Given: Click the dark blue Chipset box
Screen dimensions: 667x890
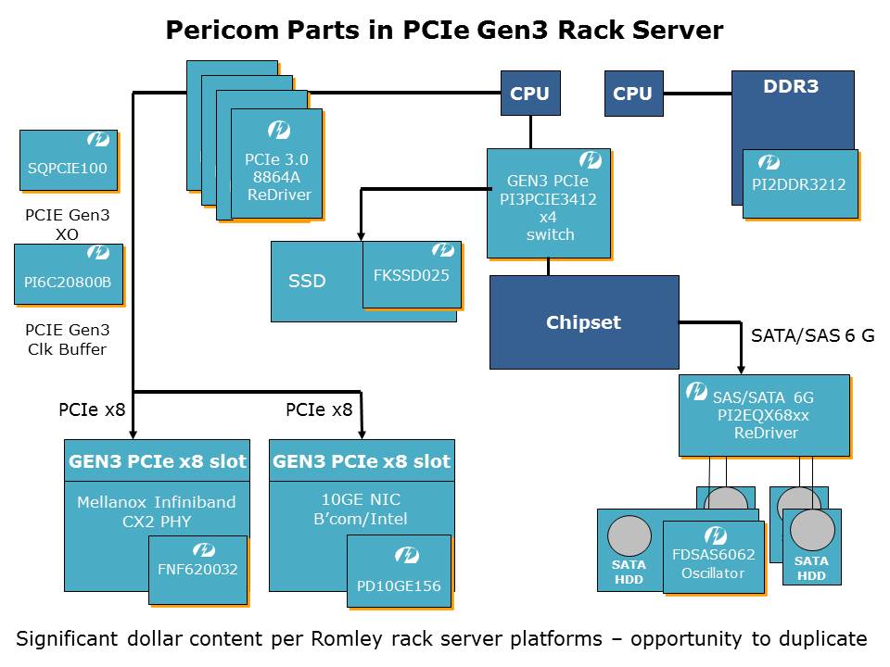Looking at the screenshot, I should [x=584, y=322].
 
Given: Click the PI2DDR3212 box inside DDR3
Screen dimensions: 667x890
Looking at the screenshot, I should [x=799, y=183].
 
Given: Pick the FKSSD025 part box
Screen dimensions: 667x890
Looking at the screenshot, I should [x=412, y=274].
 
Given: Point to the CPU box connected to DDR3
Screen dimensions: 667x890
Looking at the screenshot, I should [x=633, y=94].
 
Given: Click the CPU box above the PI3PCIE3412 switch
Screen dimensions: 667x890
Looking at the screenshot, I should [x=530, y=94].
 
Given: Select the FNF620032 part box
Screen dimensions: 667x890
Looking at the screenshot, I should [x=198, y=569].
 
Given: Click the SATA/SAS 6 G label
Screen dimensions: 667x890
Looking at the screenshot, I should [x=810, y=335].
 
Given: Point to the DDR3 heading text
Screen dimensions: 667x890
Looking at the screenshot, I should [x=791, y=87].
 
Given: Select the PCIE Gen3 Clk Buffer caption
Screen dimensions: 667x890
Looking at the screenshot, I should [x=67, y=339].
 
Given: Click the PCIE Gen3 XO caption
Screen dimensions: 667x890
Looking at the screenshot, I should [x=67, y=225].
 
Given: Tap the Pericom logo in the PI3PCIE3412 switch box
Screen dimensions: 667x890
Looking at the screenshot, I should [x=591, y=160].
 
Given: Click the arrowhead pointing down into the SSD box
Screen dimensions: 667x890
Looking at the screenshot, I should [x=361, y=235].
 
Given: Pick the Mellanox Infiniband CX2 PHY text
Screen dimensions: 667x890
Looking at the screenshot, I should [x=156, y=510].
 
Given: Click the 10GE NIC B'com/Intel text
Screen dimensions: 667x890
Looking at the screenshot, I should [x=362, y=509].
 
